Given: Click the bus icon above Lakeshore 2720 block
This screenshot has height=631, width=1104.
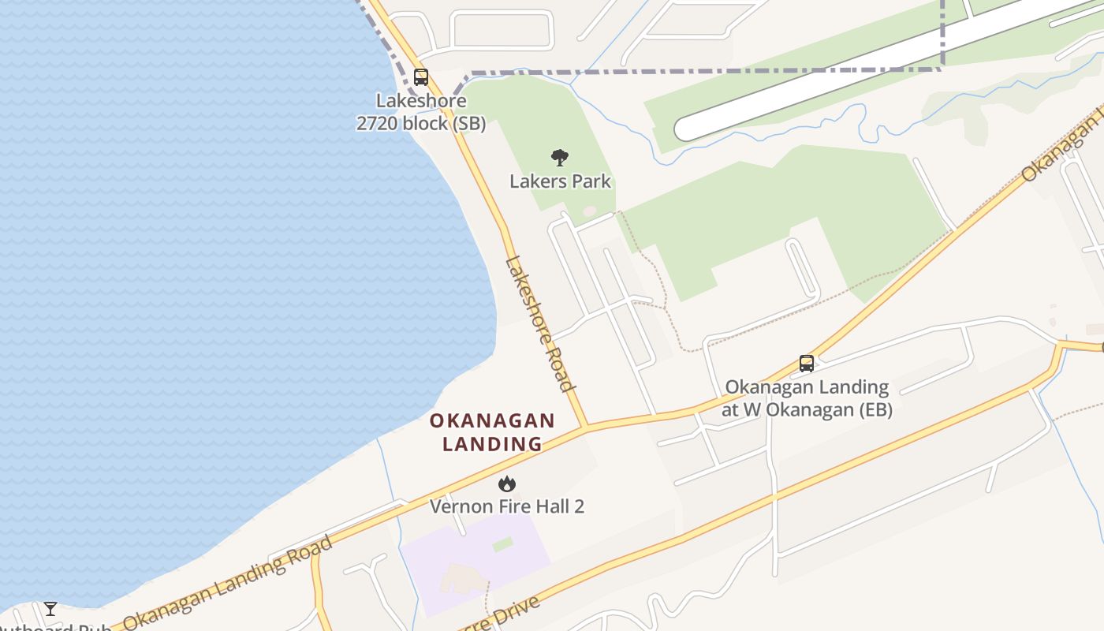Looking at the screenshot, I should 421,77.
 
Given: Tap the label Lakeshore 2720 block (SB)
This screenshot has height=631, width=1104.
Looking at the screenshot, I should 421,112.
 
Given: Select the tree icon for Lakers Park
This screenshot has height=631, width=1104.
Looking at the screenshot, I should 560,158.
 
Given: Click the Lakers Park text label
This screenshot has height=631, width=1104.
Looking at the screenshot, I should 560,181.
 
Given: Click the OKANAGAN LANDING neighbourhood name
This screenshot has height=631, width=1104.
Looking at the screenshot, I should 492,432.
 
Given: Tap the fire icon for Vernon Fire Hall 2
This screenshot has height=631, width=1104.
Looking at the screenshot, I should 507,484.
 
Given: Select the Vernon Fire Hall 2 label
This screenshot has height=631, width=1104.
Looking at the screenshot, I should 507,506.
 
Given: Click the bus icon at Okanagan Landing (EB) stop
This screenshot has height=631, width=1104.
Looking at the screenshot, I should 806,364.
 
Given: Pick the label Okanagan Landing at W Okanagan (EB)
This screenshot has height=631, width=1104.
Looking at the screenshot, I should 807,398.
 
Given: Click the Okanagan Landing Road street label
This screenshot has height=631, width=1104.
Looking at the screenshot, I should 229,583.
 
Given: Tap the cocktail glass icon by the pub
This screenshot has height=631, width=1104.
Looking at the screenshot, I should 50,609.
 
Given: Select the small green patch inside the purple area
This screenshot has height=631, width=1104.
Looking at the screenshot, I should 502,544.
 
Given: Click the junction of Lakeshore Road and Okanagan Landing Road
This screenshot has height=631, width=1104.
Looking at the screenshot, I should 585,428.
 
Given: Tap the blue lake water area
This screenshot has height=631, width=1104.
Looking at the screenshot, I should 197,276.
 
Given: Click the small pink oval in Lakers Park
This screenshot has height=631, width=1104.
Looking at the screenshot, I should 590,211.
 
